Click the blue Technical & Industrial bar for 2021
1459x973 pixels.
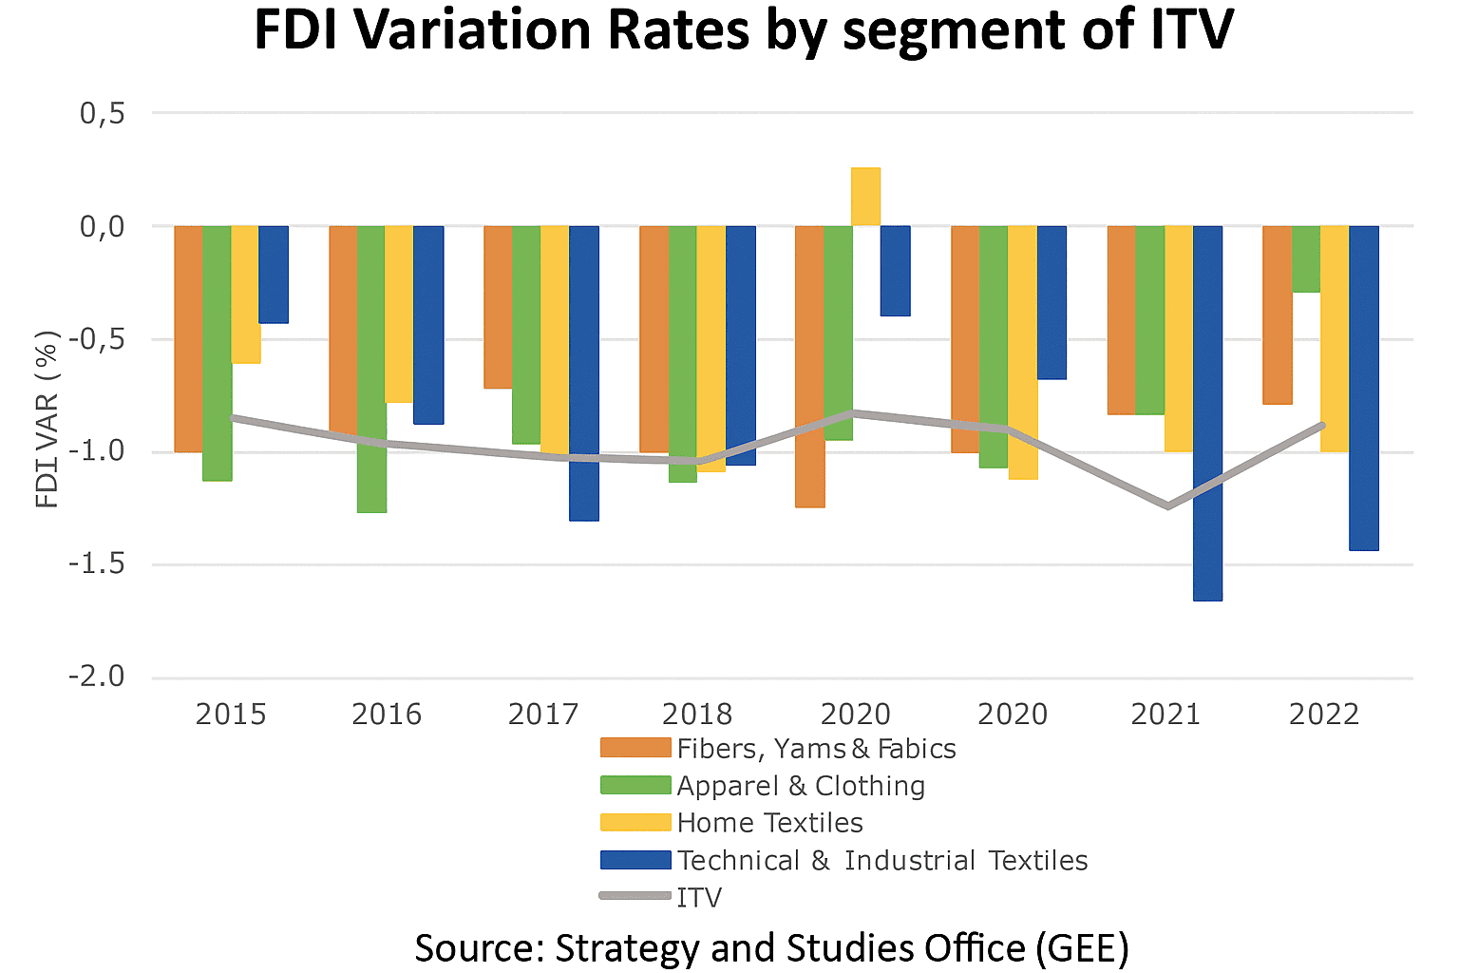click(1207, 413)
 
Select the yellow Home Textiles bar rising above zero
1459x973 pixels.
click(865, 197)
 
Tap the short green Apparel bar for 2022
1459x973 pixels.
click(1306, 258)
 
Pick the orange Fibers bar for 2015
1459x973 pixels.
click(188, 338)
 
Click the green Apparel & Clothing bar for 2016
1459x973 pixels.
click(371, 369)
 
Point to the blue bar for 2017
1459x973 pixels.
click(584, 372)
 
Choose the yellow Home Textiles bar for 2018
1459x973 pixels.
click(711, 348)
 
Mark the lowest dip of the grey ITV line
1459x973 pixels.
click(1166, 506)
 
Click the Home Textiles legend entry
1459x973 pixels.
click(769, 823)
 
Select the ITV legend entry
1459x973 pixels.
click(699, 898)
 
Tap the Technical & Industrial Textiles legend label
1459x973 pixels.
click(882, 861)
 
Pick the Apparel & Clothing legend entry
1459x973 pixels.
click(801, 786)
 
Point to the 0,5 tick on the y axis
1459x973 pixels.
click(103, 113)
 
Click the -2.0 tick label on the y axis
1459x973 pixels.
click(97, 677)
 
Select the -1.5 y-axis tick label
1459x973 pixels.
click(97, 564)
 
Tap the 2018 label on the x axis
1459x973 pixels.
click(697, 714)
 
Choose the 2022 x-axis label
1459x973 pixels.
click(1324, 714)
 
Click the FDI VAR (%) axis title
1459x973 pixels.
click(47, 419)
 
